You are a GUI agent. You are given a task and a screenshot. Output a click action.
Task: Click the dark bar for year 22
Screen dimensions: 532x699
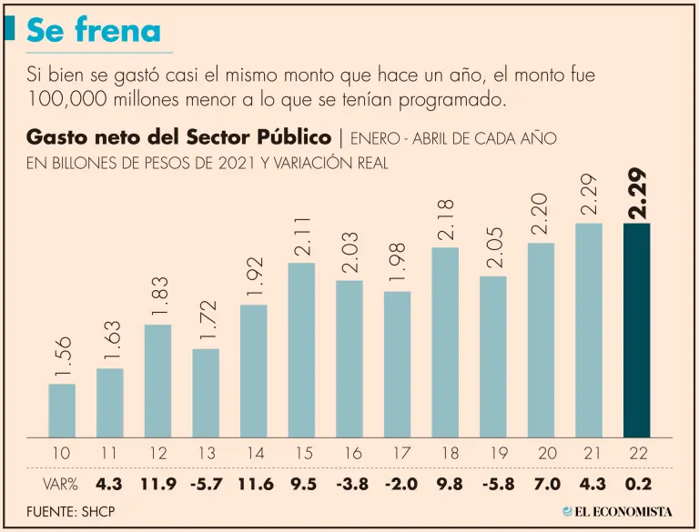click(636, 329)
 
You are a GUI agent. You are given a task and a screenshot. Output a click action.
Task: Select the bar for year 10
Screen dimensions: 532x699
click(62, 410)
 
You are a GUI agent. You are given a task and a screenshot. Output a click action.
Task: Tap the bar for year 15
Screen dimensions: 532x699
click(301, 349)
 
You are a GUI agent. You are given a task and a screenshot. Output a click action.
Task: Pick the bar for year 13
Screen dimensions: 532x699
click(206, 392)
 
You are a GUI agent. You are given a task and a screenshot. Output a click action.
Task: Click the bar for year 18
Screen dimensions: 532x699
click(445, 342)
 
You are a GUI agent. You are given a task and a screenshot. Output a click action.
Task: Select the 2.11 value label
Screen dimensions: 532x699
click(302, 236)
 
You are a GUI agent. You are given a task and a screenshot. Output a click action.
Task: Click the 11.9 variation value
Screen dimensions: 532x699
click(157, 482)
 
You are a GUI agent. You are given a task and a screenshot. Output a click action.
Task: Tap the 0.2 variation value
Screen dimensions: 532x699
click(637, 482)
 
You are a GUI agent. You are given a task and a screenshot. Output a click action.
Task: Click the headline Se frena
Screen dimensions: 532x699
click(93, 32)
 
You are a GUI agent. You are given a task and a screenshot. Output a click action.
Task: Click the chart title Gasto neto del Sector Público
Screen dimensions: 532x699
click(178, 137)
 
